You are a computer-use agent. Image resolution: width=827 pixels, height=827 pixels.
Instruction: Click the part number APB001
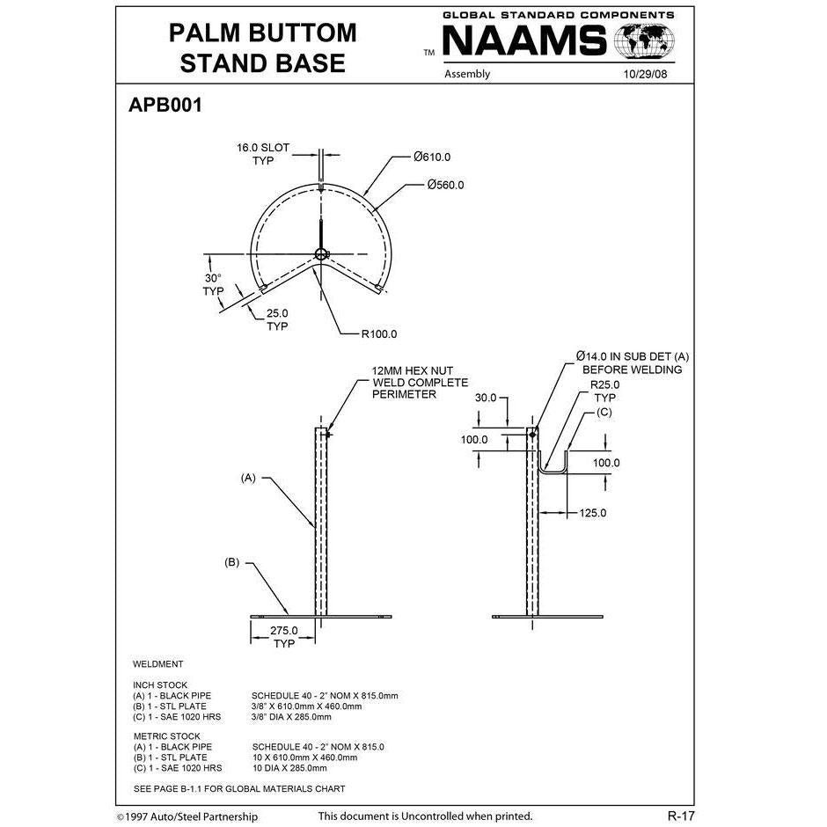point(166,106)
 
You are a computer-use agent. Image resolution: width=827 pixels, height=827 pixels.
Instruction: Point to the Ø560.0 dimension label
point(445,185)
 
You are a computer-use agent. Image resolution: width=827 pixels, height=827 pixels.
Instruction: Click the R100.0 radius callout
point(378,334)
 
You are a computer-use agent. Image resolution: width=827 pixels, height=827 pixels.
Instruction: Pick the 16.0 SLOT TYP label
point(262,154)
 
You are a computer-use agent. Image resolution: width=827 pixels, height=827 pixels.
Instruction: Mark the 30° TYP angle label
point(213,284)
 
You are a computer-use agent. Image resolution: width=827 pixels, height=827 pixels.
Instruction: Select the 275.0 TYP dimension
point(283,637)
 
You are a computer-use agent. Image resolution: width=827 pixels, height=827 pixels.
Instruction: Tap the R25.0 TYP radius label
point(604,392)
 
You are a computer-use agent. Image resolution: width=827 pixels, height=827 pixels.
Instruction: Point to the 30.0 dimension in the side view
point(486,397)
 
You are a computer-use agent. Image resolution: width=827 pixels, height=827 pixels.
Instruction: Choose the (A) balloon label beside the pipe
point(248,478)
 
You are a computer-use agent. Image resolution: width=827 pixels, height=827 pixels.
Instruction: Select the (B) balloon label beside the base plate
point(232,561)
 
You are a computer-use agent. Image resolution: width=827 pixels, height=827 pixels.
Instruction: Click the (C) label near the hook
point(604,412)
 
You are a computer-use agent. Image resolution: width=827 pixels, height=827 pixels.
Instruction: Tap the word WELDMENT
point(158,664)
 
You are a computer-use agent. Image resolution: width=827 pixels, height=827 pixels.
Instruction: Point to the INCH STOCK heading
point(160,684)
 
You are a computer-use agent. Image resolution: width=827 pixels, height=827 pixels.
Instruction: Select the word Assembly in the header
point(467,74)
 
